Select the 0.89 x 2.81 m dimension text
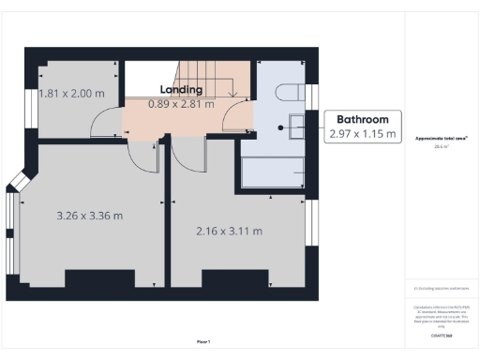182,104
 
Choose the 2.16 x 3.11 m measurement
229,231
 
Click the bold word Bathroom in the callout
363,120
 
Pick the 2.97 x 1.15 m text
363,135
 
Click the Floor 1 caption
203,341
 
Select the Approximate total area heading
442,139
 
